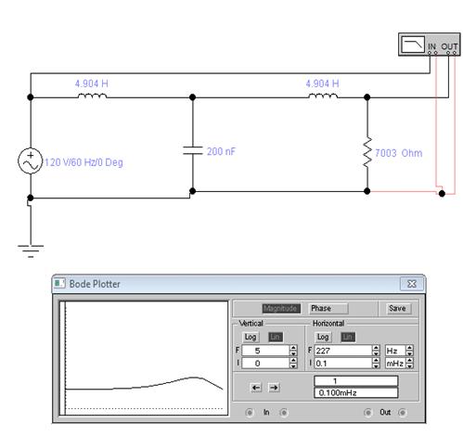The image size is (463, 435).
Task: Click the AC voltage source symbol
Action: pyautogui.click(x=30, y=160)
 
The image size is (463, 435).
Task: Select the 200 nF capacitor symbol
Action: pyautogui.click(x=192, y=150)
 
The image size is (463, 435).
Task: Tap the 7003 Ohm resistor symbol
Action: pyautogui.click(x=367, y=152)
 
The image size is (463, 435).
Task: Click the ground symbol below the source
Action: pyautogui.click(x=31, y=250)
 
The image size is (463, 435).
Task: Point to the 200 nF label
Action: pyautogui.click(x=221, y=151)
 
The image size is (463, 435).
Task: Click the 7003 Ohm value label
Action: pyautogui.click(x=398, y=153)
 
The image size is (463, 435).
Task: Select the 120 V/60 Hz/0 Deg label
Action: pyautogui.click(x=84, y=162)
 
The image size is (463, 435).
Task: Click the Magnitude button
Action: pyautogui.click(x=281, y=308)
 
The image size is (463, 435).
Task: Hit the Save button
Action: pyautogui.click(x=397, y=308)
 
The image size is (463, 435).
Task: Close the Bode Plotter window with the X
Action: pyautogui.click(x=412, y=284)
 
